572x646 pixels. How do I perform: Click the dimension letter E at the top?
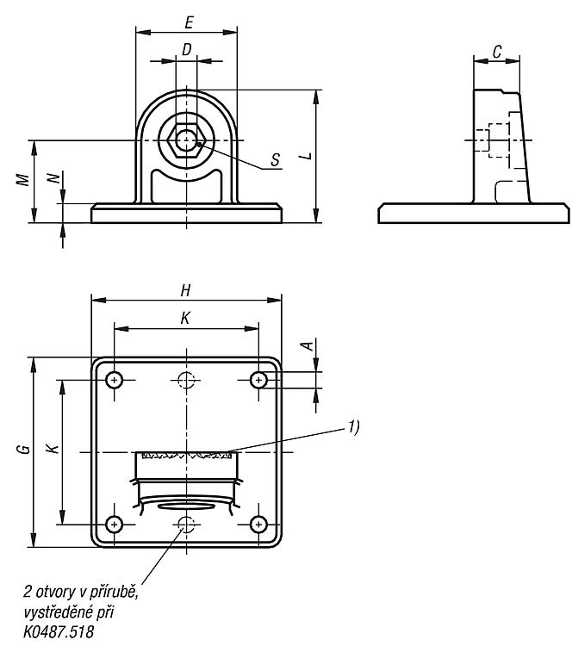point(189,22)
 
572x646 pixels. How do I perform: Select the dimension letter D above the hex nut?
point(187,49)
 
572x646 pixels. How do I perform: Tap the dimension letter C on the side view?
point(497,52)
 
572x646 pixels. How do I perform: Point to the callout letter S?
point(276,160)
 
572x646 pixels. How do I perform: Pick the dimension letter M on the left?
point(23,180)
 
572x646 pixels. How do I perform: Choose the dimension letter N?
point(53,178)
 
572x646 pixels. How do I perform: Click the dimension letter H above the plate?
point(185,291)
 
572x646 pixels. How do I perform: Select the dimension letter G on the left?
point(25,449)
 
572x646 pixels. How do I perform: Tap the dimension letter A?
point(308,345)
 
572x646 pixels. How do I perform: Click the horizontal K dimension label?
point(185,318)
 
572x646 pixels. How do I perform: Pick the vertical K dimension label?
point(53,449)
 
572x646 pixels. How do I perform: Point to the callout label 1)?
point(353,427)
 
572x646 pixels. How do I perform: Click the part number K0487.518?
point(59,631)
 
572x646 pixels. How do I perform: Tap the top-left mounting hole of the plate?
point(115,380)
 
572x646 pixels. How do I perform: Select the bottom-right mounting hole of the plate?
point(258,524)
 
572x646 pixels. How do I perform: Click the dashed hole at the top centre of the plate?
point(186,380)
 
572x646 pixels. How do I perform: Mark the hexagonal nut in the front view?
point(187,140)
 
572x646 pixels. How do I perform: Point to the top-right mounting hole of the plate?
point(258,380)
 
